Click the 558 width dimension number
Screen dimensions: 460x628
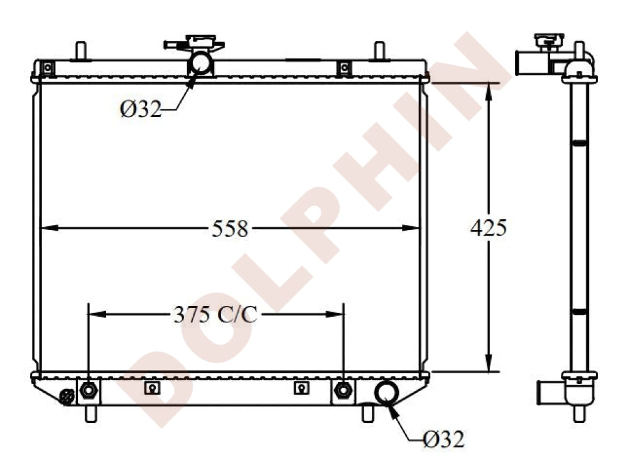click(230, 229)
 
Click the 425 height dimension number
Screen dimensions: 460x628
click(488, 228)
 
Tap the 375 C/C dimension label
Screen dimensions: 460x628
click(215, 314)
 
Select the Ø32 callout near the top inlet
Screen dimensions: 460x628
click(141, 109)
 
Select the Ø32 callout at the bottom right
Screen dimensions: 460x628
click(443, 439)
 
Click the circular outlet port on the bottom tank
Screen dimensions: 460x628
click(386, 391)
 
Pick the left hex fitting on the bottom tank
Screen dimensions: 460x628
click(89, 390)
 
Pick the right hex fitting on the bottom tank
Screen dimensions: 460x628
click(342, 390)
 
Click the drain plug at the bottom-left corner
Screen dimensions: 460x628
click(65, 397)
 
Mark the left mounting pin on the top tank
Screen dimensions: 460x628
click(80, 50)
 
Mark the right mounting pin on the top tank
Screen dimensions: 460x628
click(379, 50)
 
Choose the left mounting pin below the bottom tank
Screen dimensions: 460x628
click(91, 413)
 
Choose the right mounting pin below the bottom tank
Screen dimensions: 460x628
click(368, 413)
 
